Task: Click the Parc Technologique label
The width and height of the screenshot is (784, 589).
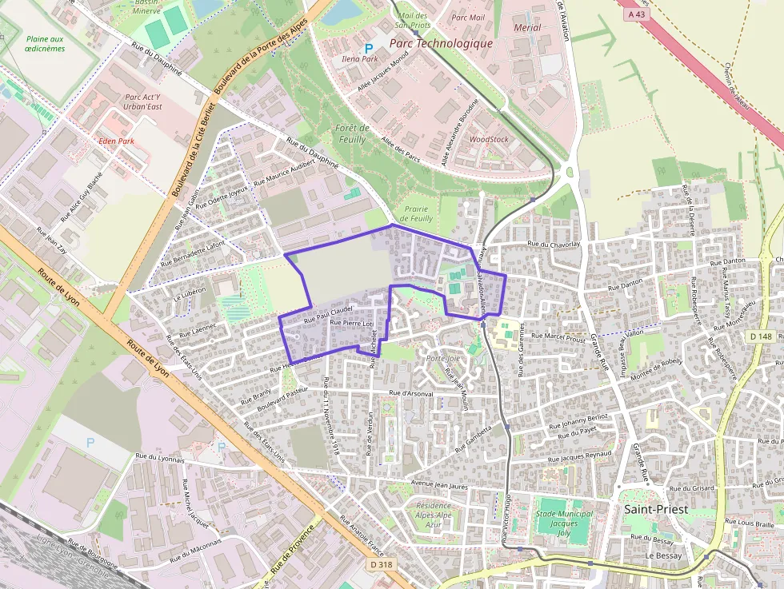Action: pyautogui.click(x=441, y=43)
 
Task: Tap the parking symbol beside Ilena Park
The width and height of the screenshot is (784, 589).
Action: pyautogui.click(x=369, y=48)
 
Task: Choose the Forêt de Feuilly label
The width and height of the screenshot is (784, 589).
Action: pyautogui.click(x=352, y=133)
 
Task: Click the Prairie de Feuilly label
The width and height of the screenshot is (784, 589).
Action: pyautogui.click(x=416, y=213)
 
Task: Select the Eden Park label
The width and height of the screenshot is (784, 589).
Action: pyautogui.click(x=115, y=141)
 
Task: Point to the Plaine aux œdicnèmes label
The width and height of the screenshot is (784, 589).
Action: pyautogui.click(x=44, y=43)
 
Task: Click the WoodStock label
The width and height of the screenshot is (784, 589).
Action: pyautogui.click(x=489, y=139)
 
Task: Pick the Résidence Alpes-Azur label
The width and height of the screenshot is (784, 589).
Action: pyautogui.click(x=434, y=516)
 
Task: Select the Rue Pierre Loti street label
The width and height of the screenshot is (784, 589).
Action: pyautogui.click(x=351, y=323)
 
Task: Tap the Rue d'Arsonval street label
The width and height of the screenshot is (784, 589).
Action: pyautogui.click(x=411, y=393)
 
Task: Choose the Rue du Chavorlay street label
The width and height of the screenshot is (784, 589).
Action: pyautogui.click(x=553, y=244)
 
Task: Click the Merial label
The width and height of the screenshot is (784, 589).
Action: pyautogui.click(x=528, y=27)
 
